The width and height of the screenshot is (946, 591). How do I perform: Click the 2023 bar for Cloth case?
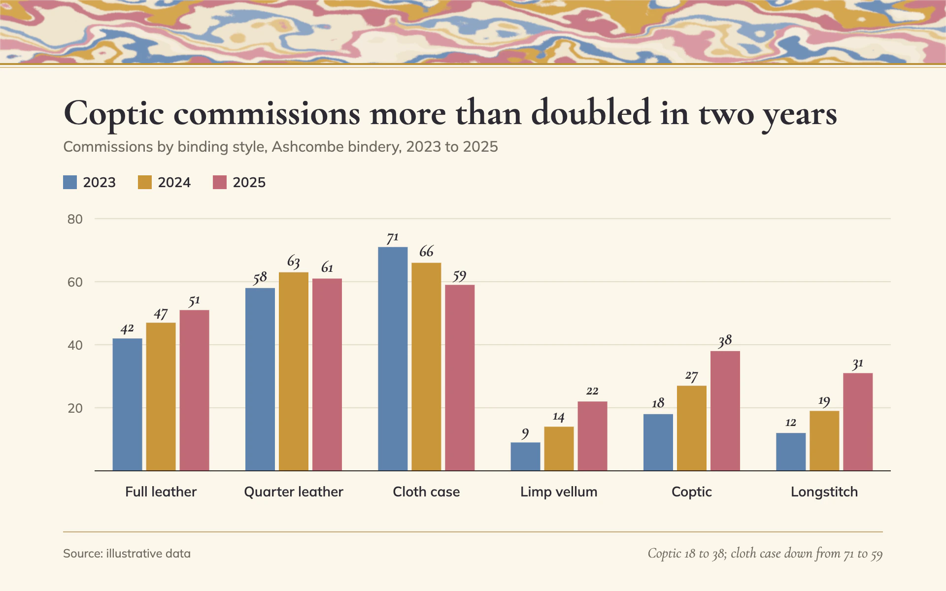(x=393, y=359)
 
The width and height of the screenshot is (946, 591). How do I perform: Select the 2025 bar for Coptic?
(x=725, y=411)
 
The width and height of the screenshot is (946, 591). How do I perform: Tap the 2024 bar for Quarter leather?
(x=294, y=371)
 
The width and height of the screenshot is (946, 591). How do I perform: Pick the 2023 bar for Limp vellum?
(x=525, y=457)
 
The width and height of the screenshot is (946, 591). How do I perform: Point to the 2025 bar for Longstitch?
(x=858, y=422)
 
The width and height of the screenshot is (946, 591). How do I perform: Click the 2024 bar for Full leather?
(x=161, y=397)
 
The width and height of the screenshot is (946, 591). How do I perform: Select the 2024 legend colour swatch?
(x=145, y=182)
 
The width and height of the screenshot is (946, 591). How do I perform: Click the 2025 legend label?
(x=249, y=183)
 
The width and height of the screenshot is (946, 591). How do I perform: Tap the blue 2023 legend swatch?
(x=70, y=182)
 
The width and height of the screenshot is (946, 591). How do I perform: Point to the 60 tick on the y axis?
(x=75, y=282)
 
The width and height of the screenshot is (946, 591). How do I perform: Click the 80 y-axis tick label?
(x=75, y=219)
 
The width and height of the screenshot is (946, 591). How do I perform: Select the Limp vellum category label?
(x=559, y=492)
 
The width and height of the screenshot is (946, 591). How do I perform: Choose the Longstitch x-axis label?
(x=824, y=492)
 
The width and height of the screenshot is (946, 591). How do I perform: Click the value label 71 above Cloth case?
(x=393, y=238)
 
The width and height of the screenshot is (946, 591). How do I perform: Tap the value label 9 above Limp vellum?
(x=525, y=433)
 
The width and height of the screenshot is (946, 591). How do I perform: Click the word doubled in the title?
(x=591, y=113)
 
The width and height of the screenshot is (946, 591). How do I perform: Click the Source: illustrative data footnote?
(x=127, y=554)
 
